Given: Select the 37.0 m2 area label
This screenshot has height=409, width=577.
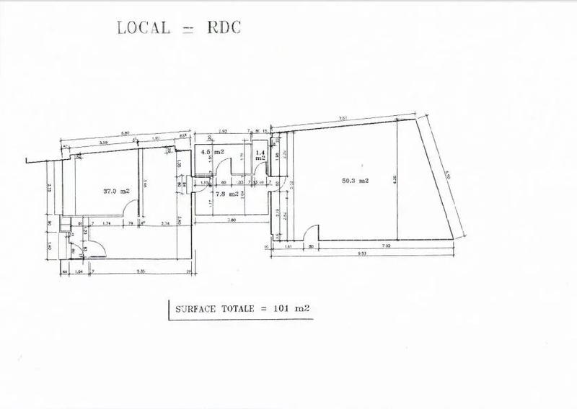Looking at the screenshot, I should pyautogui.click(x=116, y=191).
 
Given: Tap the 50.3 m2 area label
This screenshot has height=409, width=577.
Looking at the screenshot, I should pyautogui.click(x=355, y=181).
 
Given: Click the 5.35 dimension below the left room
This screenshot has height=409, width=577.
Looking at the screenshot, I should pyautogui.click(x=141, y=272).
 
